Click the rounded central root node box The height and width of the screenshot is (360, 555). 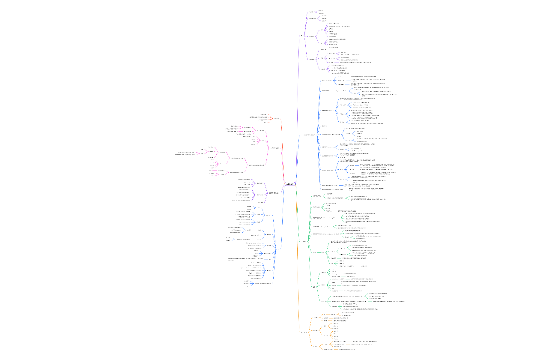tap(290, 184)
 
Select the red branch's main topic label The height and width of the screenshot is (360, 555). tap(277, 118)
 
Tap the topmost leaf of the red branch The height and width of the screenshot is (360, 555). tap(266, 115)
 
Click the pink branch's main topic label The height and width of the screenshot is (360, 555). tap(276, 148)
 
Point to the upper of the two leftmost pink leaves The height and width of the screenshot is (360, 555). tap(187, 152)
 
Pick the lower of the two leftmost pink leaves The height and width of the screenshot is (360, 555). tap(185, 154)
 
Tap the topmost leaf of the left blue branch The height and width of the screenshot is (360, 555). tap(249, 207)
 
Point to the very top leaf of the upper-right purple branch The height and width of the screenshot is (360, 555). tap(321, 11)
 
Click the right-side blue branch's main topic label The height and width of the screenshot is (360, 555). tap(310, 135)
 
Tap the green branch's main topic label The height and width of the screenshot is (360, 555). tap(304, 242)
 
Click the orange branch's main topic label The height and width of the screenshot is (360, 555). tap(304, 332)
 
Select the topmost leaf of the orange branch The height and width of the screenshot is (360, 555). tap(349, 313)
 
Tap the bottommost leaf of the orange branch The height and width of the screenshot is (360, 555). tap(347, 349)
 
